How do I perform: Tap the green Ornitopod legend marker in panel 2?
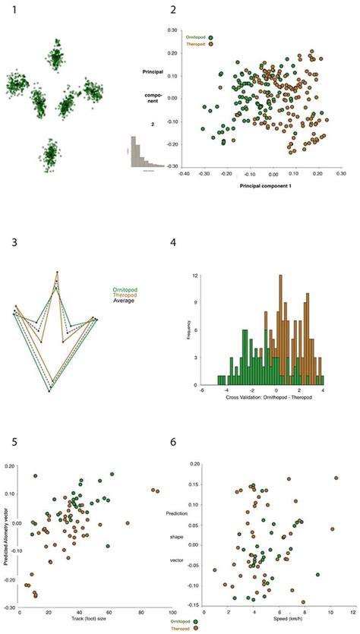pos(214,35)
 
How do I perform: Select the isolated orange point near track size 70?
pos(127,523)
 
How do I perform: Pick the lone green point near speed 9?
pos(317,574)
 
